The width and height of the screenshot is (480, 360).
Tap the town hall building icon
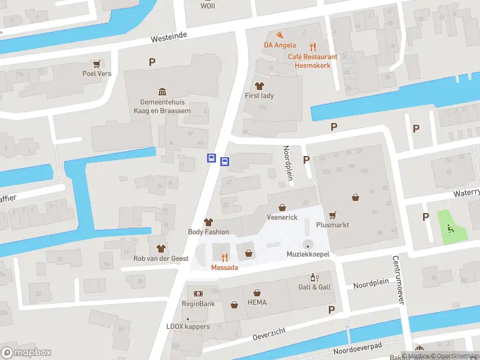[162, 91]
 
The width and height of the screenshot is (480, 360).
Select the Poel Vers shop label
[97, 74]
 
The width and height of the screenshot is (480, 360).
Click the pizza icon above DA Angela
[279, 34]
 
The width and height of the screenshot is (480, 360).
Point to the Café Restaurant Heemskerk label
[312, 61]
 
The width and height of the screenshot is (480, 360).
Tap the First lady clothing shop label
[259, 95]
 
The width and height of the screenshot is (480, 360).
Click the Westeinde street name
[169, 37]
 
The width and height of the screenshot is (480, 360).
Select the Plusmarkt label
[332, 225]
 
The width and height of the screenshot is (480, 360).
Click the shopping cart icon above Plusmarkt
[332, 214]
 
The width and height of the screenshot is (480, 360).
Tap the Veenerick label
[282, 217]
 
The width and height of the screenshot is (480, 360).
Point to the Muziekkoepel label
[308, 254]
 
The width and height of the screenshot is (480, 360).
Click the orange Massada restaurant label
[224, 267]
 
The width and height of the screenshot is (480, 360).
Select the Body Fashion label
[208, 232]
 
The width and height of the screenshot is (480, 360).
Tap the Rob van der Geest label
[161, 259]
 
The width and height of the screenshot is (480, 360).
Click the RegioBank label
[199, 304]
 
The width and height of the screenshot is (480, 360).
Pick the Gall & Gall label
[314, 287]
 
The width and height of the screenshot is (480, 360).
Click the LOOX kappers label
[188, 326]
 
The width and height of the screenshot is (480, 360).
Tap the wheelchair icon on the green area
[451, 227]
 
